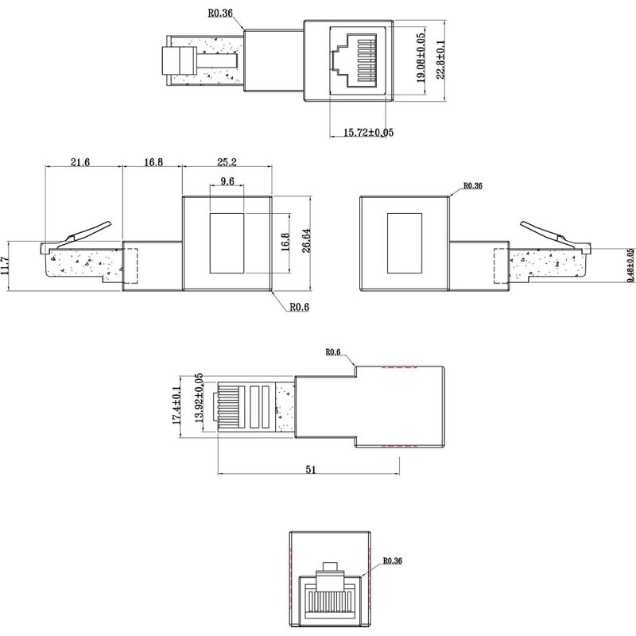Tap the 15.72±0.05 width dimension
coord(368,132)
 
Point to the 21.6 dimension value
coord(79,162)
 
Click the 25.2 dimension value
coord(227,162)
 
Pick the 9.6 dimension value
coord(227,182)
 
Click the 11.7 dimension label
coord(7,263)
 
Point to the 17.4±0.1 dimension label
coord(178,401)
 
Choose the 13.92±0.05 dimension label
coord(198,401)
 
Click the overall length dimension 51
coord(310,470)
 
